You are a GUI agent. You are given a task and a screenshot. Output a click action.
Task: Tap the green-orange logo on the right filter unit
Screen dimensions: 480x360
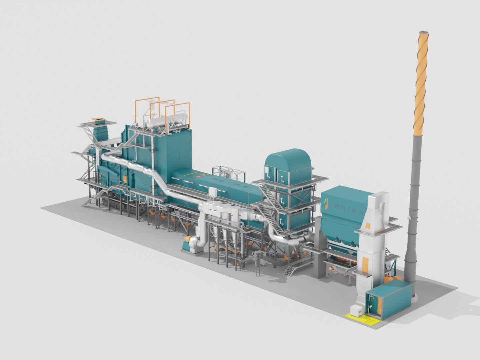tap(326, 204)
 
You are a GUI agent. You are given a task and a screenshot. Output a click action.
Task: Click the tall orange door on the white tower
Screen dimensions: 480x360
tap(365, 265)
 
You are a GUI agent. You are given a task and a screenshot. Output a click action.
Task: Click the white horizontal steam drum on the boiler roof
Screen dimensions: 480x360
tap(167, 121)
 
